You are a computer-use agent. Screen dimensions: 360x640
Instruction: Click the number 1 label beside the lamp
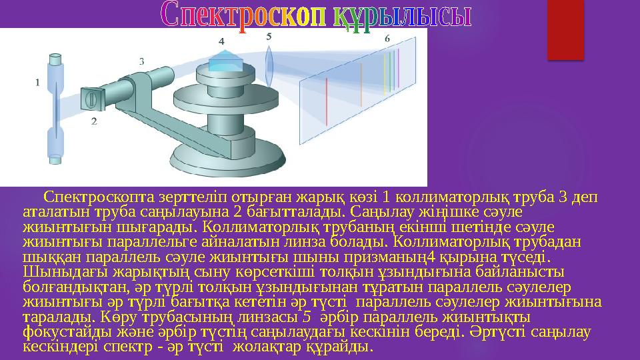tap(37, 83)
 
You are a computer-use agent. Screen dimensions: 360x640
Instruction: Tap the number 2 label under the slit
tap(94, 121)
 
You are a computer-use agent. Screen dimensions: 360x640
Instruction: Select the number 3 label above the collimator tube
tap(141, 61)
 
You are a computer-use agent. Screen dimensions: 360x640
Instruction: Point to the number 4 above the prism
tap(221, 41)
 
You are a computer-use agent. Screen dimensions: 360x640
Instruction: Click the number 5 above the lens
tap(268, 37)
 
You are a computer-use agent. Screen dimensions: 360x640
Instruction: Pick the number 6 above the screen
tap(387, 39)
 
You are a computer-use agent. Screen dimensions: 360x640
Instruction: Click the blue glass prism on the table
tap(225, 61)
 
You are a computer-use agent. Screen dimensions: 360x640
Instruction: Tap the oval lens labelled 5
tap(269, 66)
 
